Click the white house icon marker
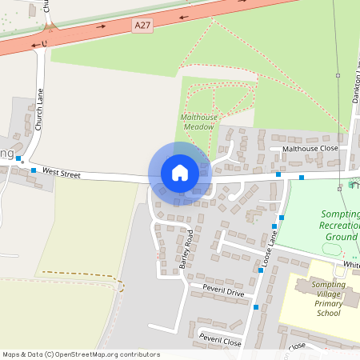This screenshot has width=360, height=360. tap(180, 173)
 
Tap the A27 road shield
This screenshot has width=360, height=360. tap(142, 26)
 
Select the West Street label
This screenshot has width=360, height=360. tap(62, 171)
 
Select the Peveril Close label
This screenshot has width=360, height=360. tap(221, 341)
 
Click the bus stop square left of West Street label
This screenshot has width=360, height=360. tap(33, 170)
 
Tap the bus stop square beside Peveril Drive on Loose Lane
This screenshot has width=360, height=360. tap(256, 307)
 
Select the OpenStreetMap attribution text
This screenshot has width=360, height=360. tap(80, 354)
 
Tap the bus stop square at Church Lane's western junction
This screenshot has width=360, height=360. tap(18, 158)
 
